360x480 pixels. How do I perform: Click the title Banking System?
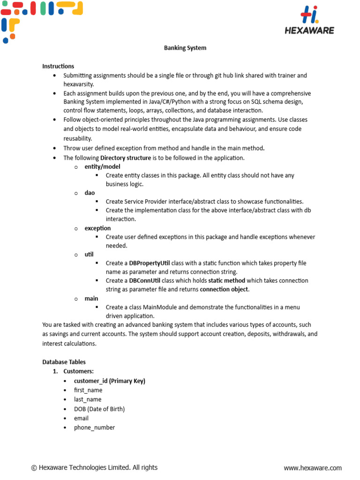(185, 48)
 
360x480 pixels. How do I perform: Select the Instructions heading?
(58, 66)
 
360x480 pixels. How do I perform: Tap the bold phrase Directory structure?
(126, 158)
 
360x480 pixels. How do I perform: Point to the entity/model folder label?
(102, 166)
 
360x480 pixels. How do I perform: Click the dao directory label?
(90, 193)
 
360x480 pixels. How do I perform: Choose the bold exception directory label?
(97, 228)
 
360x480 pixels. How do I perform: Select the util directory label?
(89, 255)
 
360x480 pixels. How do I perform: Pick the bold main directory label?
(91, 299)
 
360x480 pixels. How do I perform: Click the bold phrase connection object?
(224, 289)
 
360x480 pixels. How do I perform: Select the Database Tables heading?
(64, 362)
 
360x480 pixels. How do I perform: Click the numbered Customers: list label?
(78, 371)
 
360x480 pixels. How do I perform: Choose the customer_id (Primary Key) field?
(110, 381)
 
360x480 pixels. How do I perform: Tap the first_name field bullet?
(88, 390)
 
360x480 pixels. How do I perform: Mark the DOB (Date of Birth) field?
(99, 409)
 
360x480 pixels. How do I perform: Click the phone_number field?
(94, 427)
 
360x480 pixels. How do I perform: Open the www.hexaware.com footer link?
(313, 468)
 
